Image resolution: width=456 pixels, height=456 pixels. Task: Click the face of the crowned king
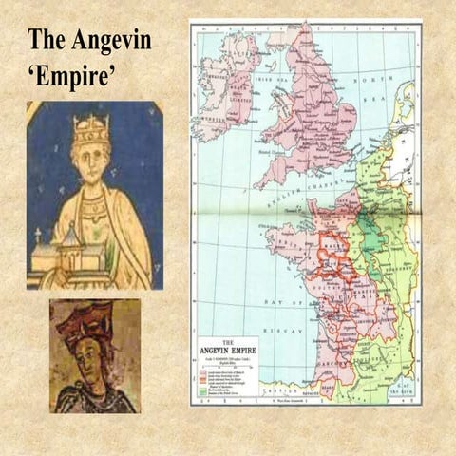[x=91, y=156]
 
